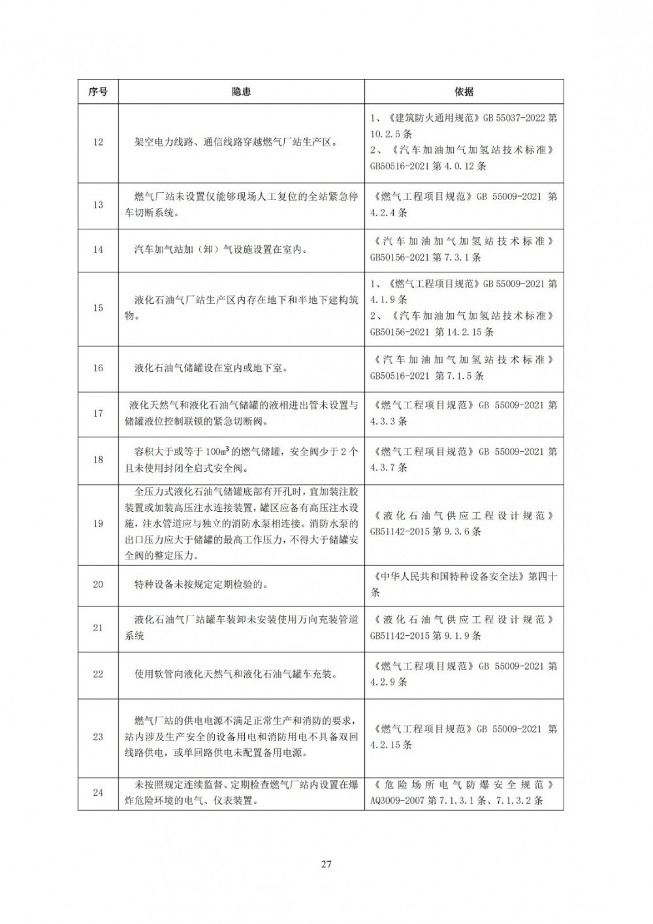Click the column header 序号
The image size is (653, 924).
coord(98,92)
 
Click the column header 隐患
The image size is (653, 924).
coord(241,92)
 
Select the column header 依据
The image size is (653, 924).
coord(464,92)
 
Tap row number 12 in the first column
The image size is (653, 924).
coord(98,142)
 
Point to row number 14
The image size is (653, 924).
coord(98,250)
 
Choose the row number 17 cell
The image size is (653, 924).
coord(98,414)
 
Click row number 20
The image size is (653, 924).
coord(98,584)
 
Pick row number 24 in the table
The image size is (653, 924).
coord(98,793)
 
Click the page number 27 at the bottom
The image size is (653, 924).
coord(326,865)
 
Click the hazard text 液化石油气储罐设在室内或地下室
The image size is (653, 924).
coord(211,368)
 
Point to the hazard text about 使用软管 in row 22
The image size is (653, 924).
coord(236,674)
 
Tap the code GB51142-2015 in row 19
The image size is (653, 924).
coord(400,531)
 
